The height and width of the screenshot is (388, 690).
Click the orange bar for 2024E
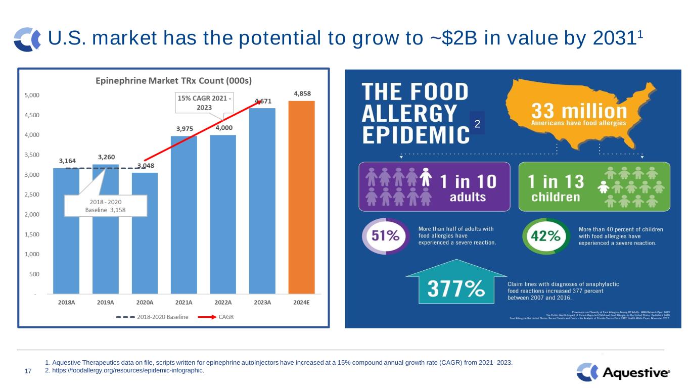(301, 197)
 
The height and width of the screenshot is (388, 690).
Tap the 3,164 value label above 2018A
(68, 161)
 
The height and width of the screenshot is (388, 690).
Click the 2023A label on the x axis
(262, 303)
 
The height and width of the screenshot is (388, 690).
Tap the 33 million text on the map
(578, 111)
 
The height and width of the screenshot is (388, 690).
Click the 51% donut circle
(386, 236)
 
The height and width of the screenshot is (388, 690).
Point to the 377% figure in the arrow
(455, 289)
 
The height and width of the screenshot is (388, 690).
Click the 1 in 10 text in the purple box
(468, 181)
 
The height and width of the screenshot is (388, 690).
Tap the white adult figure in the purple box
(426, 177)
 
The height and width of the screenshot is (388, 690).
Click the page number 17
(28, 372)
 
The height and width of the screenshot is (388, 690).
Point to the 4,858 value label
(301, 93)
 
